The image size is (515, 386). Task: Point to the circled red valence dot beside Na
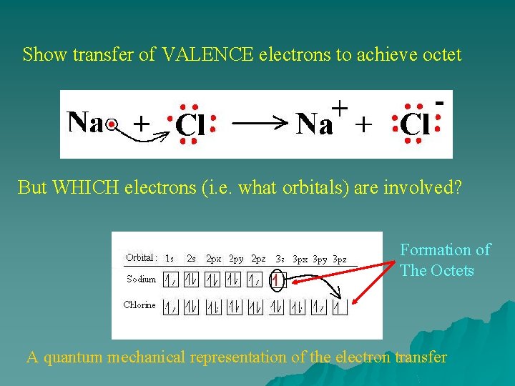coord(111,125)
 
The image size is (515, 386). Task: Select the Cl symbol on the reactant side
coord(190,127)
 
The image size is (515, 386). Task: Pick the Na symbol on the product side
coord(315,125)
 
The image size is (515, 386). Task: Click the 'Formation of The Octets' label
coord(444,259)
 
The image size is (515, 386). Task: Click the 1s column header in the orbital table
coord(169,258)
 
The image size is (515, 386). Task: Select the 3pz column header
coord(339,259)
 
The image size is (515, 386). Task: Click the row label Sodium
coord(141,279)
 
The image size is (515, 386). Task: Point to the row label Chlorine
coord(139,305)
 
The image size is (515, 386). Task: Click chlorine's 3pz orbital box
coord(340,308)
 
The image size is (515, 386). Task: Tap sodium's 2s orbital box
coord(191,281)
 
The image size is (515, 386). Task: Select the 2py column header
coord(236,259)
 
